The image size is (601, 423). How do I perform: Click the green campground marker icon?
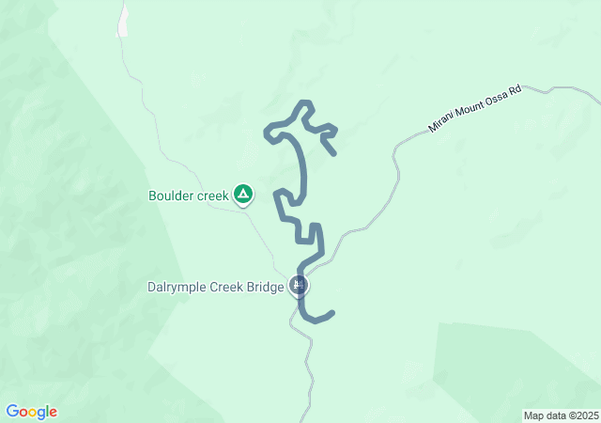pos(243,195)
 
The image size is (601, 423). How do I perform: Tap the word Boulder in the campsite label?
pos(170,196)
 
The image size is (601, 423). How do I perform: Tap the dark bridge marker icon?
pos(300,285)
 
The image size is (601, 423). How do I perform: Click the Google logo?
pos(31,412)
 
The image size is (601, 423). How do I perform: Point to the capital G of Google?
pos(12,412)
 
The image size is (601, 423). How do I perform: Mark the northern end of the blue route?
pos(333,152)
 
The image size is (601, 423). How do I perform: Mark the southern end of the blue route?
pos(331,312)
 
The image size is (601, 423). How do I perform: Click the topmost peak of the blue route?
pos(303,102)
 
